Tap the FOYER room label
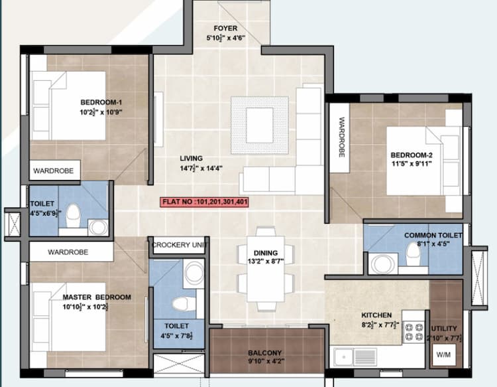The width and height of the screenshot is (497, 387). coord(225,29)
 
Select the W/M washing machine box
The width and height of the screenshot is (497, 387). coord(442,353)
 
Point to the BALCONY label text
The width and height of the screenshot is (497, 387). coord(266,352)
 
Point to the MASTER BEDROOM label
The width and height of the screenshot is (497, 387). coord(97,297)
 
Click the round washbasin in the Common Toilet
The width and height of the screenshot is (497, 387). coord(382,264)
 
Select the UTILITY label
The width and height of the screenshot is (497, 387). coord(443,329)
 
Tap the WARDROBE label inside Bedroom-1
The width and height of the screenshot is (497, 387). coord(54,171)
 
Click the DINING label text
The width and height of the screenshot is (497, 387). coord(265,252)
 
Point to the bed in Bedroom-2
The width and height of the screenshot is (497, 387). coord(417,160)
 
